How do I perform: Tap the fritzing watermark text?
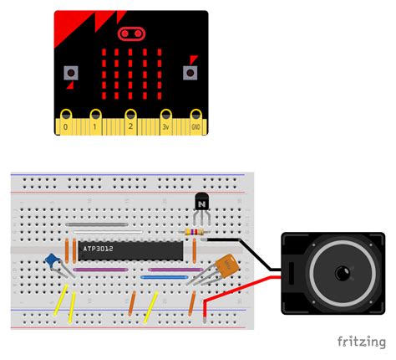click(361, 342)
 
